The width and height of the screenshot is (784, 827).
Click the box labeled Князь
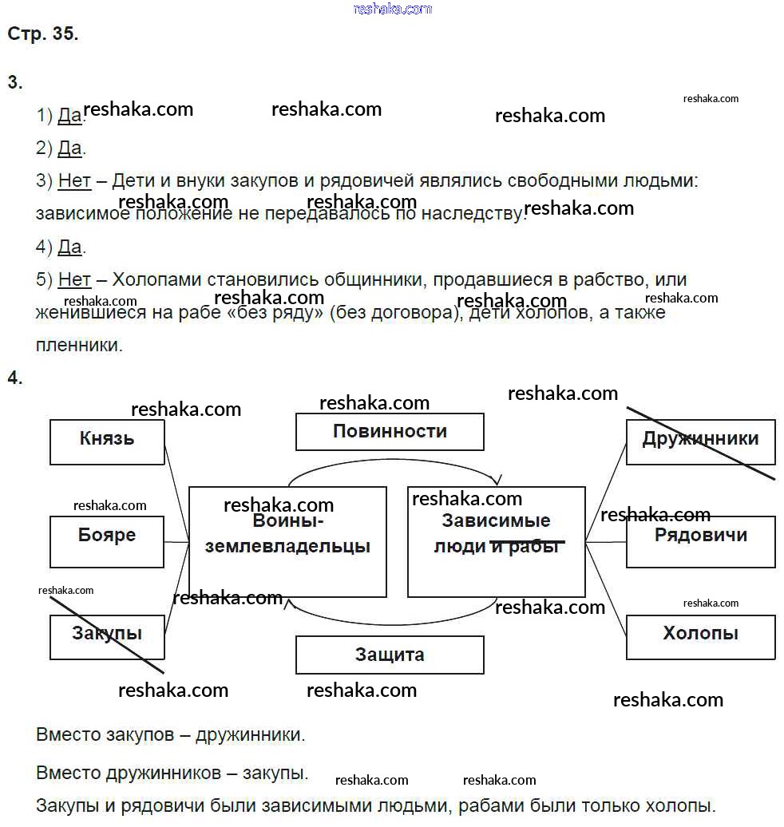click(x=107, y=441)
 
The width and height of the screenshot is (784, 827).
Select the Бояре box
click(x=107, y=540)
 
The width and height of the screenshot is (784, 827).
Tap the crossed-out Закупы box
click(x=107, y=636)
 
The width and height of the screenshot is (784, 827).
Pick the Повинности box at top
click(x=390, y=432)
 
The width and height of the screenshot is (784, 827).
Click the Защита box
click(x=390, y=655)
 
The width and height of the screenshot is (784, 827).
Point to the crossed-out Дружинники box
click(x=700, y=441)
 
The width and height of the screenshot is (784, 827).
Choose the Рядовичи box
click(x=700, y=540)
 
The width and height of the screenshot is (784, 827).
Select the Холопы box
click(x=700, y=636)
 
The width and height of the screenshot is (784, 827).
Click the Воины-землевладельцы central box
click(x=287, y=541)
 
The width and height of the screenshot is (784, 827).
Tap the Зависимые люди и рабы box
click(x=496, y=541)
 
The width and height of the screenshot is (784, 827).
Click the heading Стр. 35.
click(x=43, y=34)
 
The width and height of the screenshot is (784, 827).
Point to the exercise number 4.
click(x=15, y=378)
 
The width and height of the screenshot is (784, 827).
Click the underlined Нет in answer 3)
click(x=74, y=181)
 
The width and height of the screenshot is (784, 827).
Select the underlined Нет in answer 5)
click(x=74, y=279)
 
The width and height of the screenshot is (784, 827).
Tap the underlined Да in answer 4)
click(x=70, y=247)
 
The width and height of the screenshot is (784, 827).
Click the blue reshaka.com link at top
click(x=392, y=9)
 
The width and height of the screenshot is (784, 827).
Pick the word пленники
click(x=78, y=346)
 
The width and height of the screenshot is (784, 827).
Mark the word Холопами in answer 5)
click(x=156, y=279)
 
